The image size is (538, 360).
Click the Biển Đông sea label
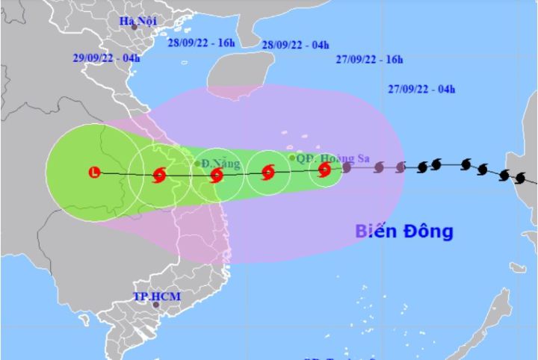click(x=403, y=232)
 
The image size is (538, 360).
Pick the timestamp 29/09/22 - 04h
click(x=107, y=58)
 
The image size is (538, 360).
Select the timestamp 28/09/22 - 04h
click(x=295, y=45)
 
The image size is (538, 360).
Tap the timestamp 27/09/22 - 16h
click(x=369, y=59)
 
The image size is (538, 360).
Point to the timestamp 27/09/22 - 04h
click(x=422, y=89)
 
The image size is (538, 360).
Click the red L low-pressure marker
click(x=94, y=173)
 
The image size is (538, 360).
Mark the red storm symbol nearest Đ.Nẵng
click(x=217, y=176)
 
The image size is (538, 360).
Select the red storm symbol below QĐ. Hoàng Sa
click(x=324, y=170)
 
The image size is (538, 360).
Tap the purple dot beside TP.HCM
click(x=155, y=305)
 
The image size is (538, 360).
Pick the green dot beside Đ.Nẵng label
click(x=197, y=164)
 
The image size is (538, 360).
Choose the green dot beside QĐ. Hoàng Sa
click(x=292, y=157)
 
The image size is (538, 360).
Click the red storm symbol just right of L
click(x=158, y=176)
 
